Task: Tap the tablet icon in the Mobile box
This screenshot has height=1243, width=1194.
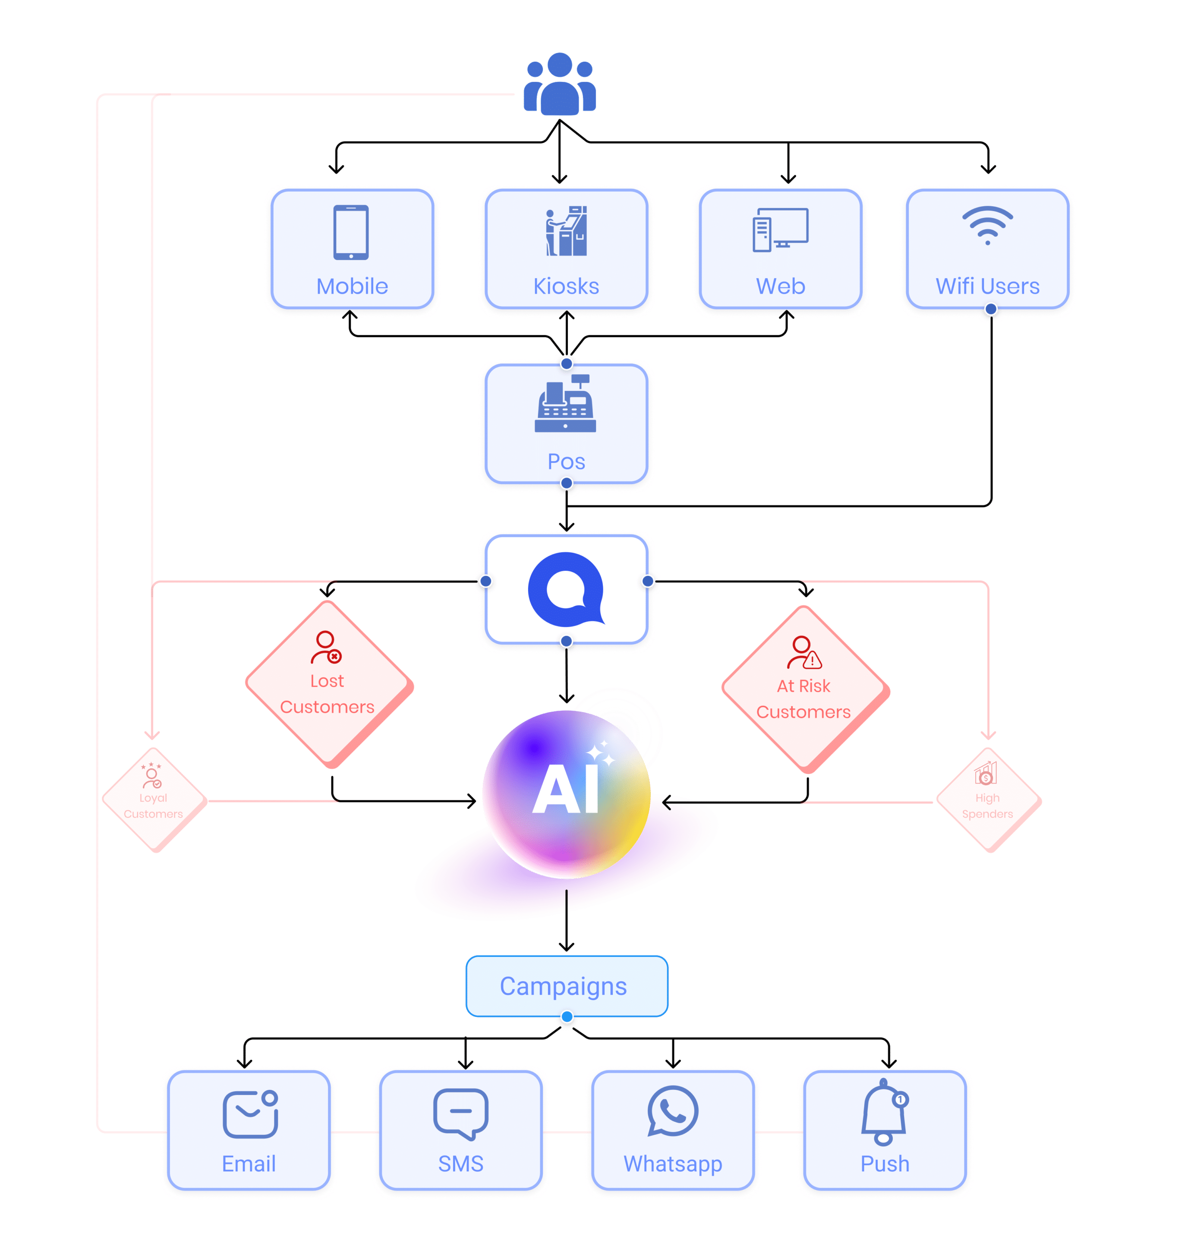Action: click(351, 232)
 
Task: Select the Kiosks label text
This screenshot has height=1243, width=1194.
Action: click(566, 286)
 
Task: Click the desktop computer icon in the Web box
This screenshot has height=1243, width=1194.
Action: click(780, 230)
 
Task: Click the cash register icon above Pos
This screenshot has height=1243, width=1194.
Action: click(565, 404)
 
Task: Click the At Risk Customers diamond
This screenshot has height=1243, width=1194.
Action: click(804, 690)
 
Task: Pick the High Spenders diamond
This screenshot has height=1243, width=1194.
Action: click(988, 800)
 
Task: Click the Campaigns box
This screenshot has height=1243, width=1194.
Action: click(566, 986)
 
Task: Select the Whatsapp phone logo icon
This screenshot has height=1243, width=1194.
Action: click(672, 1111)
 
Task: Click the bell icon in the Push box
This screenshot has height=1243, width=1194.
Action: click(884, 1113)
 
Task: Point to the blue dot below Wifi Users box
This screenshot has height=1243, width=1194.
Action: click(990, 309)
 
